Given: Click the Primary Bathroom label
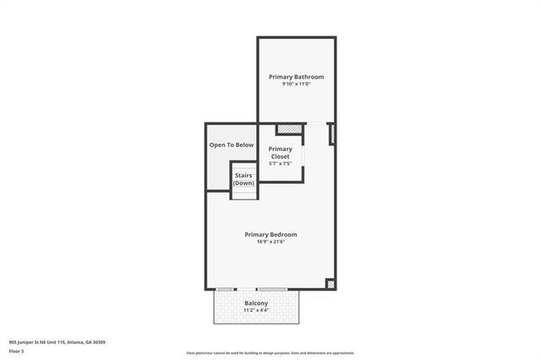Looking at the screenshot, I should coord(296,77).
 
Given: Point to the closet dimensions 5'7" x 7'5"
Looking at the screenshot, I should coord(281,163).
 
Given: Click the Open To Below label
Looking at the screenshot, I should coord(232,145).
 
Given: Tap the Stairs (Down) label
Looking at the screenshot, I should coord(243,179).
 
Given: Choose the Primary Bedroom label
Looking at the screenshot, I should coord(270,234).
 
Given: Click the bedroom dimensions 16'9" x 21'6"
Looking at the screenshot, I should coord(270,242).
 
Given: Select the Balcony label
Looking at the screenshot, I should coord(256,303).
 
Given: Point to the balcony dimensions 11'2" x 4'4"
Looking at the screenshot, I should coord(256,311).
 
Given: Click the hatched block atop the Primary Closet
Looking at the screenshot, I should coord(289,129).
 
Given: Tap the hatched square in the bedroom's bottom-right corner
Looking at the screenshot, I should coord(330,284).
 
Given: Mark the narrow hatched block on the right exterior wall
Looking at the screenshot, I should coord(331,134).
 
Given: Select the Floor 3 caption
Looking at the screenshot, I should coord(17,351).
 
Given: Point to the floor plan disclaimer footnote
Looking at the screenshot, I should coord(270,353).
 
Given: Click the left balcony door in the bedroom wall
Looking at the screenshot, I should coord(226,289).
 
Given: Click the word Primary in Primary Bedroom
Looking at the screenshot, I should coord(256,234).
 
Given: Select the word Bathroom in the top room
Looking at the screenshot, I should coord(309,77).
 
